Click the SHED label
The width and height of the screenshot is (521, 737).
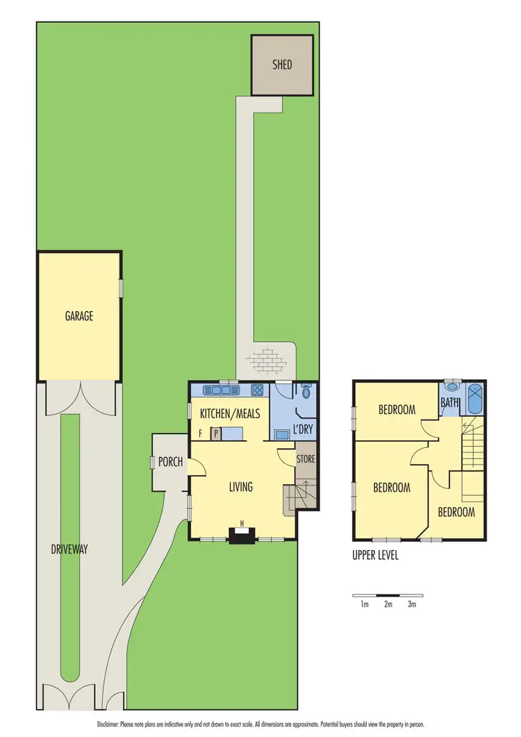[x=282, y=65]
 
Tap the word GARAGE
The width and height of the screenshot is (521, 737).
[x=79, y=316]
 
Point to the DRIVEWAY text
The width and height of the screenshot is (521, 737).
[x=69, y=549]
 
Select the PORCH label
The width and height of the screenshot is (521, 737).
[x=170, y=462]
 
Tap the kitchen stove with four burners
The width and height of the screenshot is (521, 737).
[x=256, y=389]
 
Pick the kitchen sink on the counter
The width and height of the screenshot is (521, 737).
[x=210, y=389]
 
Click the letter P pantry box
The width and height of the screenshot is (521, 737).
[x=216, y=433]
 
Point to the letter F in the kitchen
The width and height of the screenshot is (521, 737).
[x=201, y=433]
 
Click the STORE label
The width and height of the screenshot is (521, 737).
[x=306, y=459]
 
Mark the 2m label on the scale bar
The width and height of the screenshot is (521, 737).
[x=388, y=604]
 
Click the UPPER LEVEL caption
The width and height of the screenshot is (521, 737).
[x=375, y=556]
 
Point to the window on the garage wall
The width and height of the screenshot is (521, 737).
[x=121, y=288]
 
